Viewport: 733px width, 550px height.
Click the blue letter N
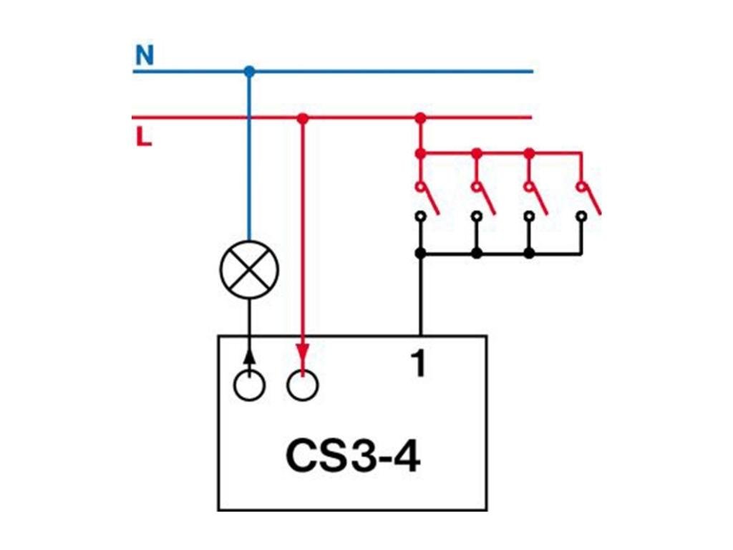[145, 56]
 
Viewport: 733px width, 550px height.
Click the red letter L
[144, 137]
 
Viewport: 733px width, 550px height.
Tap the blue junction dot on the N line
[249, 72]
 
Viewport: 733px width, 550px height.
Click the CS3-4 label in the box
[353, 456]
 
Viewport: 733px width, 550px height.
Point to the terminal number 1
[419, 365]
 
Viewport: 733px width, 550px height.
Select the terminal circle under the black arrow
[249, 385]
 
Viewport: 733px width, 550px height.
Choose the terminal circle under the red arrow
[303, 385]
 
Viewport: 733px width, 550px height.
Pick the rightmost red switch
[590, 197]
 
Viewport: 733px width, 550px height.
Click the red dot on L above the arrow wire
[303, 117]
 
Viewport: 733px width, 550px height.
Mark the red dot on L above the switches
[421, 117]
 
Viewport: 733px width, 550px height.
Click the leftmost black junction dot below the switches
[421, 253]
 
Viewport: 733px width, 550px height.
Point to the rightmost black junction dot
[529, 253]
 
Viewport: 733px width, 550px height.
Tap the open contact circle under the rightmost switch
[581, 215]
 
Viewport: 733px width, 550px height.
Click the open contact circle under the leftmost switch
[421, 215]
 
